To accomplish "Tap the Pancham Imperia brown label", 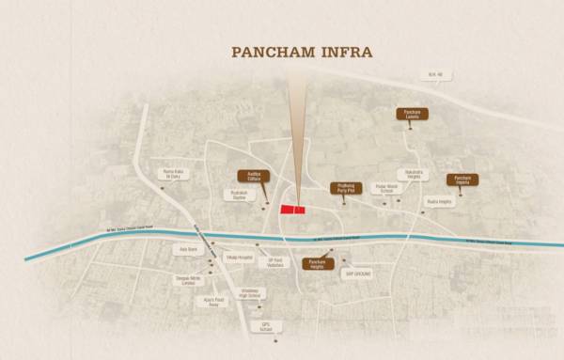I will tap(463, 180).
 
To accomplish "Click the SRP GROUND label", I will tap(358, 274).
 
